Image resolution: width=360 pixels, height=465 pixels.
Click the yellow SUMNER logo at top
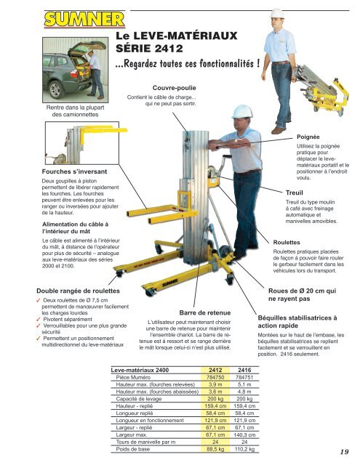pos(84,20)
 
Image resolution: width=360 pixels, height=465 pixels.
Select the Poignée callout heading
pos(308,137)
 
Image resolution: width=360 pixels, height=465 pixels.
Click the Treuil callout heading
pos(294,193)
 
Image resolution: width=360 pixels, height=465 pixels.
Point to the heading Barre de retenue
pos(205,313)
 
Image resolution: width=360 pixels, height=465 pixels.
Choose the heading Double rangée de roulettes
pos(78,291)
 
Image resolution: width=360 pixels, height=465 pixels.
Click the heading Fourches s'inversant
pos(74,171)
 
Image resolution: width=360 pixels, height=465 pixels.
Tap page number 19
pos(344,452)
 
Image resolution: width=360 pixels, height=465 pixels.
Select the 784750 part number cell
pos(215,378)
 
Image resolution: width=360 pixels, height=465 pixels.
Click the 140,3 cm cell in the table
pos(244,435)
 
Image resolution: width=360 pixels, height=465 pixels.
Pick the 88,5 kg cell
pos(215,449)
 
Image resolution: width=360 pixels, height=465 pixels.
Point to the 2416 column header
pos(244,370)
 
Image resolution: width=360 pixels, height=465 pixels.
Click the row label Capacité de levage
pos(139,399)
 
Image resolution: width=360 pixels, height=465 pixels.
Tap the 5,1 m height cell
pos(244,384)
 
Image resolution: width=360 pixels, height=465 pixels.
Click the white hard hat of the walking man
pos(277,13)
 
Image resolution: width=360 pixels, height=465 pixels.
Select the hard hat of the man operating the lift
pos(242,111)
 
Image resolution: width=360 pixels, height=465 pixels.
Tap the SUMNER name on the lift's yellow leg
pos(170,283)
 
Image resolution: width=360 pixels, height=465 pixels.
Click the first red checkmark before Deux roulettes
pos(39,300)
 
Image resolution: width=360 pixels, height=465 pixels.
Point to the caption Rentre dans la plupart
pos(75,108)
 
